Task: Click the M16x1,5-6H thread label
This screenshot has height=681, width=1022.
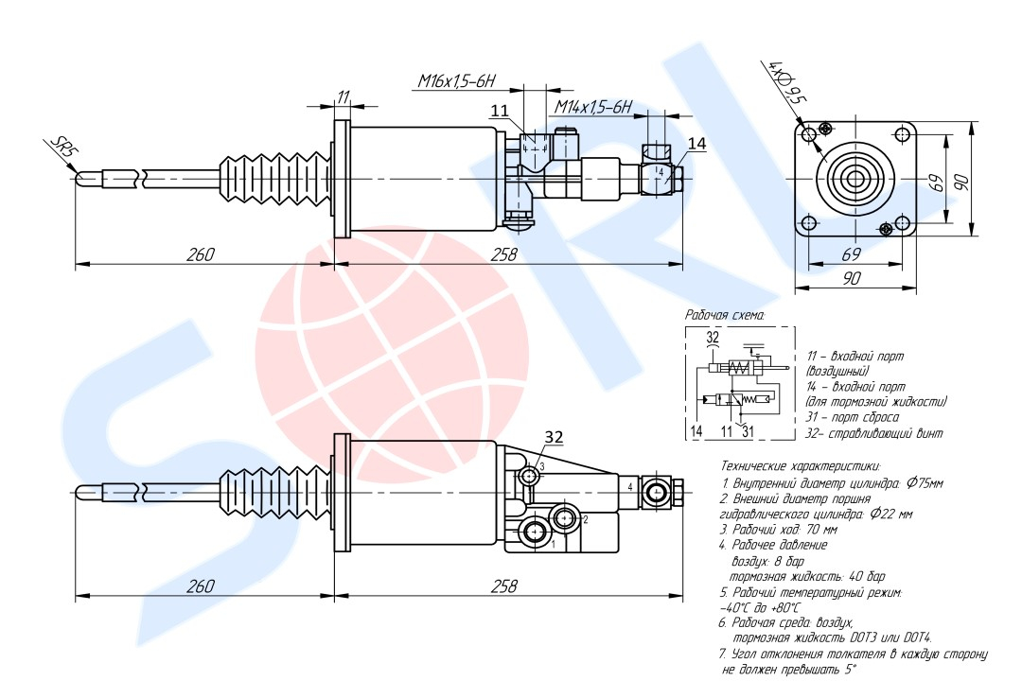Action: pos(457,83)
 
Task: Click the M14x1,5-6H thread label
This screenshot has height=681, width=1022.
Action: pos(593,107)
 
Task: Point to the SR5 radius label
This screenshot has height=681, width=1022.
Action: pos(62,148)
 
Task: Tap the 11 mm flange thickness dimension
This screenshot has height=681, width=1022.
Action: pos(343,96)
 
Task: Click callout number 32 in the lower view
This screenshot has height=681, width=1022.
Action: pos(554,437)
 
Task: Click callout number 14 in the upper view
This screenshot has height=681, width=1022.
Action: pos(697,144)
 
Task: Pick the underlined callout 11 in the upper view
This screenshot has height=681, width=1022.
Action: pos(499,112)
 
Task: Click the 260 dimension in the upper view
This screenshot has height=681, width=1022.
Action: pos(201,254)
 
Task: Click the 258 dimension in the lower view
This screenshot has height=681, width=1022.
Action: pos(504,586)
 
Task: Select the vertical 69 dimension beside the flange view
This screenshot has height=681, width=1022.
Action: pos(938,182)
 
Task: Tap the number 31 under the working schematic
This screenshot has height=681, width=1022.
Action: pos(748,431)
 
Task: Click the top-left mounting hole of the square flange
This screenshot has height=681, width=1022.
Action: pos(809,135)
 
